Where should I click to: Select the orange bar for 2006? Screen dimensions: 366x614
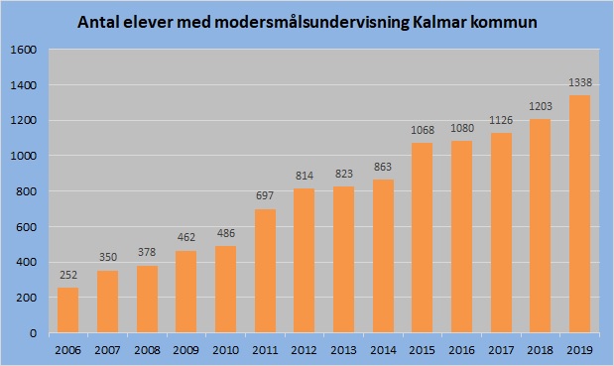pyautogui.click(x=67, y=309)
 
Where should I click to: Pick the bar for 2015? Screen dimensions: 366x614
pyautogui.click(x=423, y=238)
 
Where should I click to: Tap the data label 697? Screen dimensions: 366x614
pyautogui.click(x=265, y=198)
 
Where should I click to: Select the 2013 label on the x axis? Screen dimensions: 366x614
pyautogui.click(x=343, y=349)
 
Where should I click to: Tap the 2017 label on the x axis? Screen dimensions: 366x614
pyautogui.click(x=501, y=349)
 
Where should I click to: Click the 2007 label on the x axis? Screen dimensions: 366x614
pyautogui.click(x=107, y=349)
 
